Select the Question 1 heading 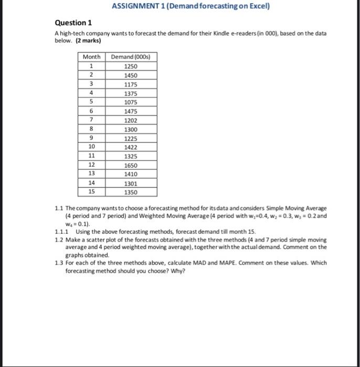(73, 23)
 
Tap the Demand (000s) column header (131, 57)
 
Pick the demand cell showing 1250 (131, 66)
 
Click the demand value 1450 (131, 75)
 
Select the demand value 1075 (131, 102)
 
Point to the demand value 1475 (131, 111)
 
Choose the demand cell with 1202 (131, 120)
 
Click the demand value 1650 (131, 165)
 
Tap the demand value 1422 (131, 147)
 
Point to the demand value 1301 (131, 183)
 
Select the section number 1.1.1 (62, 231)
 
